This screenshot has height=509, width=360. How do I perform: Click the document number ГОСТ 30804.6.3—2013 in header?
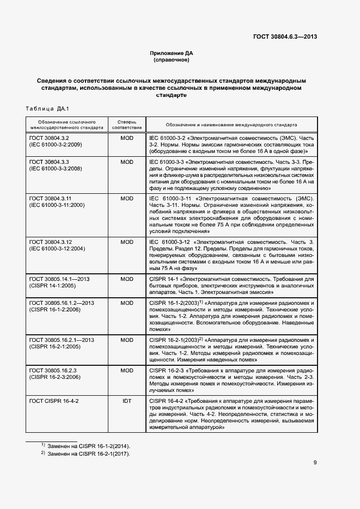285,36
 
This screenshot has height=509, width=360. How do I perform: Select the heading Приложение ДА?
172,53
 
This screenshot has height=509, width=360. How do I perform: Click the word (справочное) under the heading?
172,60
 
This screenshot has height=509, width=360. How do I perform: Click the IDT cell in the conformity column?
126,401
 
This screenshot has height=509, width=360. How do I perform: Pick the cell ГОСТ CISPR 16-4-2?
54,401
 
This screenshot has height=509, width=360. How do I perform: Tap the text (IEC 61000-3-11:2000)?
57,205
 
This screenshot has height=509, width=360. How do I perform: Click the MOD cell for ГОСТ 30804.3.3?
126,162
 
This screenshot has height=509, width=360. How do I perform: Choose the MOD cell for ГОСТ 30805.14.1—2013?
126,279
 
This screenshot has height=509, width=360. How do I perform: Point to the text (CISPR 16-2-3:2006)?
55,377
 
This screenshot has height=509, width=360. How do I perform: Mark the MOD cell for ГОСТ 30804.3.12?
126,242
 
